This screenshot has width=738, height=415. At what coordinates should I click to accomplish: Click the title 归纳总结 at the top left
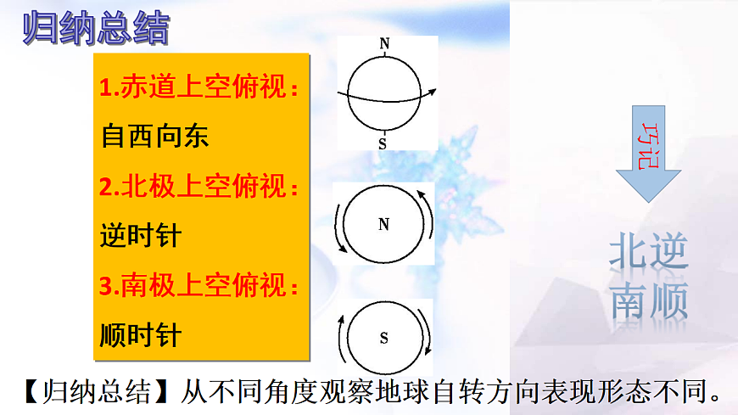[x=95, y=29]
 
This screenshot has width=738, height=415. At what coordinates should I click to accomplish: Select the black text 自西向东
[x=154, y=137]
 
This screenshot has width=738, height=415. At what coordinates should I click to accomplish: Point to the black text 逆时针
[x=140, y=235]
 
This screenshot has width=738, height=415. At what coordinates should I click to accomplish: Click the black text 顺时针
[x=140, y=334]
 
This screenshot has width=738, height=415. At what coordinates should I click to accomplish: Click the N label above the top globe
[x=385, y=43]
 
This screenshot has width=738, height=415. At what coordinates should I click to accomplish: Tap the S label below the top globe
[x=383, y=144]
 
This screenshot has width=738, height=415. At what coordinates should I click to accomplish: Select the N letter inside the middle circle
[x=383, y=225]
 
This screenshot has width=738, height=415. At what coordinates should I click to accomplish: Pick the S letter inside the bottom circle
[x=383, y=339]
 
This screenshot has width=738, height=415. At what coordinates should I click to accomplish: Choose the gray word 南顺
[x=648, y=299]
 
